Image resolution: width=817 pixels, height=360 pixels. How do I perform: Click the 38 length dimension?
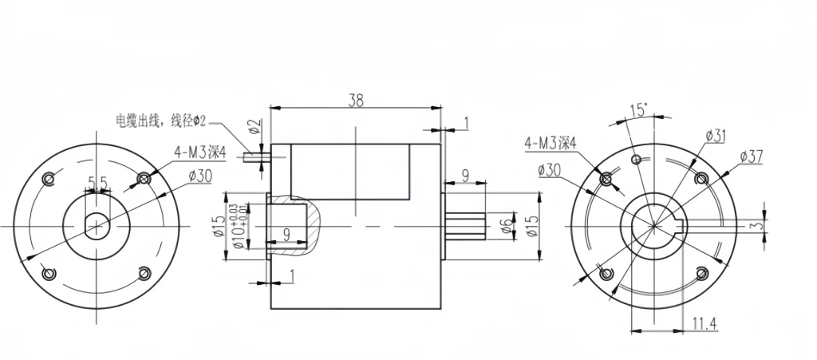pos(356,100)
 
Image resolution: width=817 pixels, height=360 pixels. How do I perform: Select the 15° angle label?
pos(638,109)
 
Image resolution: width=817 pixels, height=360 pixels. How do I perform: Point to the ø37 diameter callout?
pos(752,156)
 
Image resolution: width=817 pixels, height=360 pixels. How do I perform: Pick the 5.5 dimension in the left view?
pos(98,184)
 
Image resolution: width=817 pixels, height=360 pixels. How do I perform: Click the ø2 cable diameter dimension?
pos(253,127)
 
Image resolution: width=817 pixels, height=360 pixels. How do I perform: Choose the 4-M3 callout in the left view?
pos(199,152)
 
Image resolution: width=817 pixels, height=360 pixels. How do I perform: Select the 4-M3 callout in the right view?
pos(550,144)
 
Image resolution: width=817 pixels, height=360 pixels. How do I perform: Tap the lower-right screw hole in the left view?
pos(144,273)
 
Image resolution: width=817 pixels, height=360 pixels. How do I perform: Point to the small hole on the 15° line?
pos(636,159)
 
